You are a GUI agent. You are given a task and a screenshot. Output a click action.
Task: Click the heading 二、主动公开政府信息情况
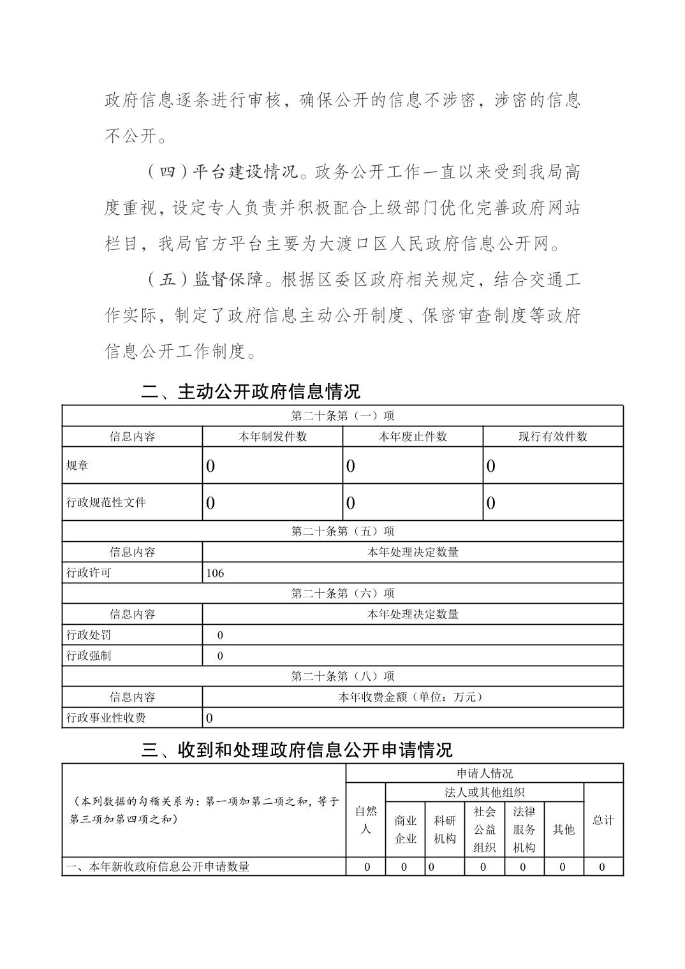[251, 391]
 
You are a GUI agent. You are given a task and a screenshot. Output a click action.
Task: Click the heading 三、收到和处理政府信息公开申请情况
[297, 749]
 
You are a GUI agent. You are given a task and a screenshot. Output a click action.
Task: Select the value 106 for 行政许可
[216, 572]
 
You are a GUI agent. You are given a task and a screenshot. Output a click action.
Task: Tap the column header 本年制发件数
[272, 437]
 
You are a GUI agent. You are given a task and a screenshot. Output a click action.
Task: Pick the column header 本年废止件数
[413, 437]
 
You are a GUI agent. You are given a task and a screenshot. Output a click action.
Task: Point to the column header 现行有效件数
[552, 437]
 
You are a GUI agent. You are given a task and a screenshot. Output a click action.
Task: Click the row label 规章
[77, 465]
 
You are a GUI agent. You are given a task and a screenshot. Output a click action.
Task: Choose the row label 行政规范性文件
[106, 502]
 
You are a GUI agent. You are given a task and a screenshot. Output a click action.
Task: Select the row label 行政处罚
[89, 635]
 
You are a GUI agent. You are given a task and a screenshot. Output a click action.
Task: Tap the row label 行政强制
[89, 655]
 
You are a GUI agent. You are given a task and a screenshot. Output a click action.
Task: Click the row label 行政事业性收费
[106, 718]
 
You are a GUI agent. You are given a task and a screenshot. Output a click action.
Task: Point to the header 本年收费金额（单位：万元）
[412, 697]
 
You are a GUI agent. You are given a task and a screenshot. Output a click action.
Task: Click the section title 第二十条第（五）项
[342, 531]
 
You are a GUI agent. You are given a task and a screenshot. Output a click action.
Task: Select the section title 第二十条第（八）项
[342, 676]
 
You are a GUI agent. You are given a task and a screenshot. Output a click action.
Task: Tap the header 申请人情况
[484, 773]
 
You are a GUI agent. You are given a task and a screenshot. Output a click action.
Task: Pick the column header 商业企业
[405, 829]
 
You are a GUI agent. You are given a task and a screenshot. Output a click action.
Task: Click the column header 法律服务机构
[524, 829]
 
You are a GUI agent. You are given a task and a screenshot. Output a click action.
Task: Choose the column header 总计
[603, 820]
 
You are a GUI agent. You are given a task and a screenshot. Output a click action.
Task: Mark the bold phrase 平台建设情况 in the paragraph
[245, 172]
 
